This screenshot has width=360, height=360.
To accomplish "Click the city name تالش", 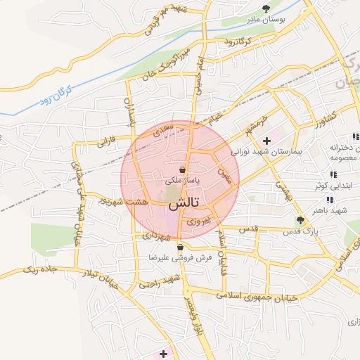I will click(x=184, y=203).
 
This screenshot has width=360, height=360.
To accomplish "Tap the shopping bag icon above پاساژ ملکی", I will click(x=183, y=169).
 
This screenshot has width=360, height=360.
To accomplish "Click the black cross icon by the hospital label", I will click(x=266, y=141).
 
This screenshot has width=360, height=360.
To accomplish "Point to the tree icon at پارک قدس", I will click(x=300, y=220).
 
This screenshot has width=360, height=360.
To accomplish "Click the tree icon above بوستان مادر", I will click(x=265, y=8).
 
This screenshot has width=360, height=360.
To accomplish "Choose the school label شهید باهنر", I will click(x=333, y=210).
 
